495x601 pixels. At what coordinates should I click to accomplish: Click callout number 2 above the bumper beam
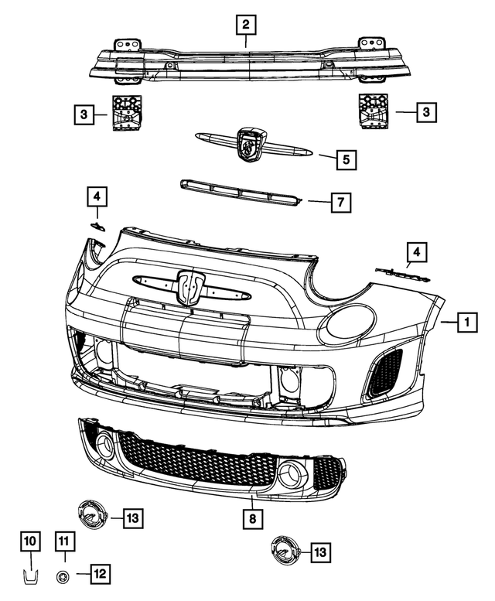point(245,26)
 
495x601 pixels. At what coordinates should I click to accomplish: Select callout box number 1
point(466,320)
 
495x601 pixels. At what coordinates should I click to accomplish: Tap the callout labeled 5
point(346,160)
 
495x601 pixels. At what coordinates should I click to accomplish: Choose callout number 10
point(29,541)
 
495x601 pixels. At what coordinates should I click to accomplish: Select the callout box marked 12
point(99,574)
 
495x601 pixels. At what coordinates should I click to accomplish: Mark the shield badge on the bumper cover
point(189,287)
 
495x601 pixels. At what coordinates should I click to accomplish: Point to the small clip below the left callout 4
point(97,225)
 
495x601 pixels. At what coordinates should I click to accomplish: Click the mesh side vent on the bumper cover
point(383,372)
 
